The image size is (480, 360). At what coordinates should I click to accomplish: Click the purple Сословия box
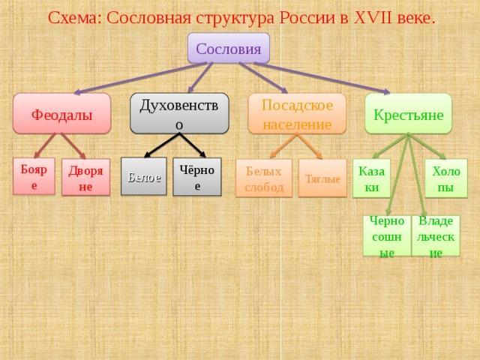[x=229, y=48]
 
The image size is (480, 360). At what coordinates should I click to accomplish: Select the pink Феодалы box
[x=61, y=113]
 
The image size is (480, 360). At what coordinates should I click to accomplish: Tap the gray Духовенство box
[x=179, y=113]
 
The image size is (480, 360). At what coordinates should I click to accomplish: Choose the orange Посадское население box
[x=297, y=114]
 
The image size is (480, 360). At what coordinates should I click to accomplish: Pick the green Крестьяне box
[x=408, y=114]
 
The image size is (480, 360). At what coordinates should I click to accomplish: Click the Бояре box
[x=34, y=176]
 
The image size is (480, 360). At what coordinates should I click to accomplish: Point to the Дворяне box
[x=85, y=177]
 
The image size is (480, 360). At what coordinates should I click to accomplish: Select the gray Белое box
[x=144, y=176]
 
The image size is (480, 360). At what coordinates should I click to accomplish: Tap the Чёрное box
[x=196, y=177]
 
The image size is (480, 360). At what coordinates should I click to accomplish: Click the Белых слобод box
[x=264, y=178]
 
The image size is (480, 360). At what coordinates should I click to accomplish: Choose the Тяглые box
[x=322, y=178]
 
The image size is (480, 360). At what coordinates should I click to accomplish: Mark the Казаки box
[x=372, y=178]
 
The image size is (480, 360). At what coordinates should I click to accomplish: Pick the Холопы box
[x=446, y=178]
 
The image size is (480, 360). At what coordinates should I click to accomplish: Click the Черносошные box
[x=387, y=235]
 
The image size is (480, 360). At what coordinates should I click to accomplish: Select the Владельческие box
[x=436, y=235]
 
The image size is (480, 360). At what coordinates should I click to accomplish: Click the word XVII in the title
[x=373, y=18]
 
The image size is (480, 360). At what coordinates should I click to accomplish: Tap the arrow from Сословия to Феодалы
[x=141, y=78]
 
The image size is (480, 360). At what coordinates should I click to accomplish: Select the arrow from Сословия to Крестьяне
[x=322, y=78]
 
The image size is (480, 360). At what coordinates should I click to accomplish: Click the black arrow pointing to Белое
[x=162, y=145]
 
